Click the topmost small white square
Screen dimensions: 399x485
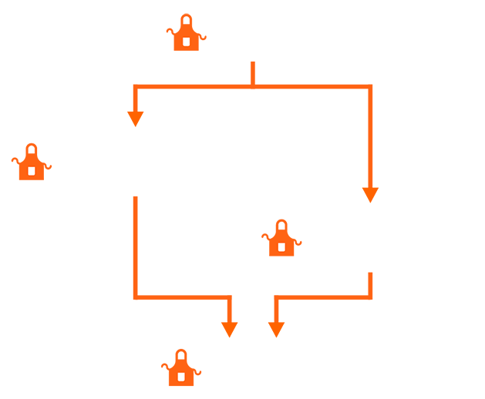[x=186, y=42]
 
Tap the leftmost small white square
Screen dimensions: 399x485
[x=32, y=170]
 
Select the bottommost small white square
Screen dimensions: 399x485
[x=181, y=377]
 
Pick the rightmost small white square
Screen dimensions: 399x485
[x=281, y=247]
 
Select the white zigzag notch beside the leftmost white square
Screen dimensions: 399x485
[x=56, y=163]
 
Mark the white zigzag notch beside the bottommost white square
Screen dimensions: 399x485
[x=205, y=370]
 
